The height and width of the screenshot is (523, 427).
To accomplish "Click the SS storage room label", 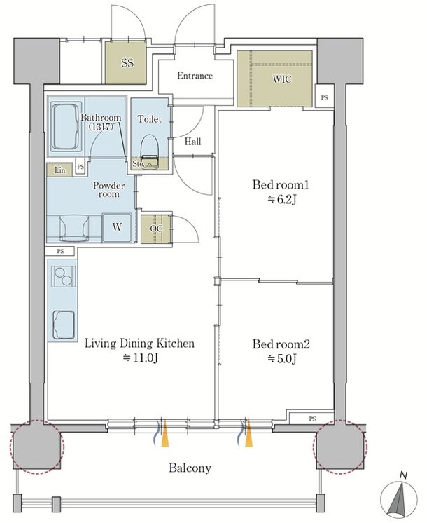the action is coord(127,62).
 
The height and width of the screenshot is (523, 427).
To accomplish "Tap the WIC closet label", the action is coord(282,79).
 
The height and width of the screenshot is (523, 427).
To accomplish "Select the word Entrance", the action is coord(195,76).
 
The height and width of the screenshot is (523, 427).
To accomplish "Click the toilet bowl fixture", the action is coord(150,151).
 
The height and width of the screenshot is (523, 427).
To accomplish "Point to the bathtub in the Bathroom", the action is coord(66,127).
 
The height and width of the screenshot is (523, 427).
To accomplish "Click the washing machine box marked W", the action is coord(117,227).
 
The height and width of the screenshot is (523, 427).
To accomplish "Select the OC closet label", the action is coord(156,229).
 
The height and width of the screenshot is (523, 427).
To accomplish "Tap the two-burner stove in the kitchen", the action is coord(63,276).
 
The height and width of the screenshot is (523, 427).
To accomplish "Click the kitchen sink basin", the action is coord(63,325).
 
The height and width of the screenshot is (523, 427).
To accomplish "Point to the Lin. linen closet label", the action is coord(61,170).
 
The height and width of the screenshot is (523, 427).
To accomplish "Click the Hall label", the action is coord(192,142).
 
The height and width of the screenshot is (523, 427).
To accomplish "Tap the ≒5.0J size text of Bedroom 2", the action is coord(282,358).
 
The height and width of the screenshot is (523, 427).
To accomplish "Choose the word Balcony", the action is coord(190,468).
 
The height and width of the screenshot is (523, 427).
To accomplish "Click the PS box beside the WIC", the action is coord(324,97).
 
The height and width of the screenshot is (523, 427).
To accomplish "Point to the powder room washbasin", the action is coord(74,228).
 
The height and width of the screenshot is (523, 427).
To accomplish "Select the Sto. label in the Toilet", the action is coord(138,164).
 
